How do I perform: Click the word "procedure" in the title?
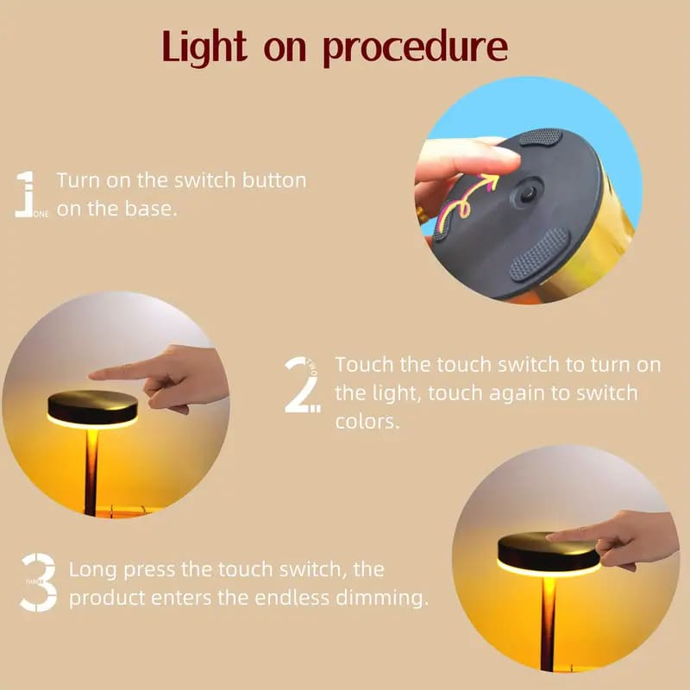pyautogui.click(x=415, y=48)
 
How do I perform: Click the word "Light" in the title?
pyautogui.click(x=204, y=47)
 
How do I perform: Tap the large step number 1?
pyautogui.click(x=27, y=194)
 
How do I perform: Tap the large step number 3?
pyautogui.click(x=40, y=582)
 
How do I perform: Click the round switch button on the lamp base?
pyautogui.click(x=527, y=193)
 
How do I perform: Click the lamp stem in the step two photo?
pyautogui.click(x=91, y=472)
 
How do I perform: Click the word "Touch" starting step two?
pyautogui.click(x=363, y=364)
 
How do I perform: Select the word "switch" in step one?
pyautogui.click(x=204, y=180)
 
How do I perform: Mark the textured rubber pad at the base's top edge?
pyautogui.click(x=541, y=137)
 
